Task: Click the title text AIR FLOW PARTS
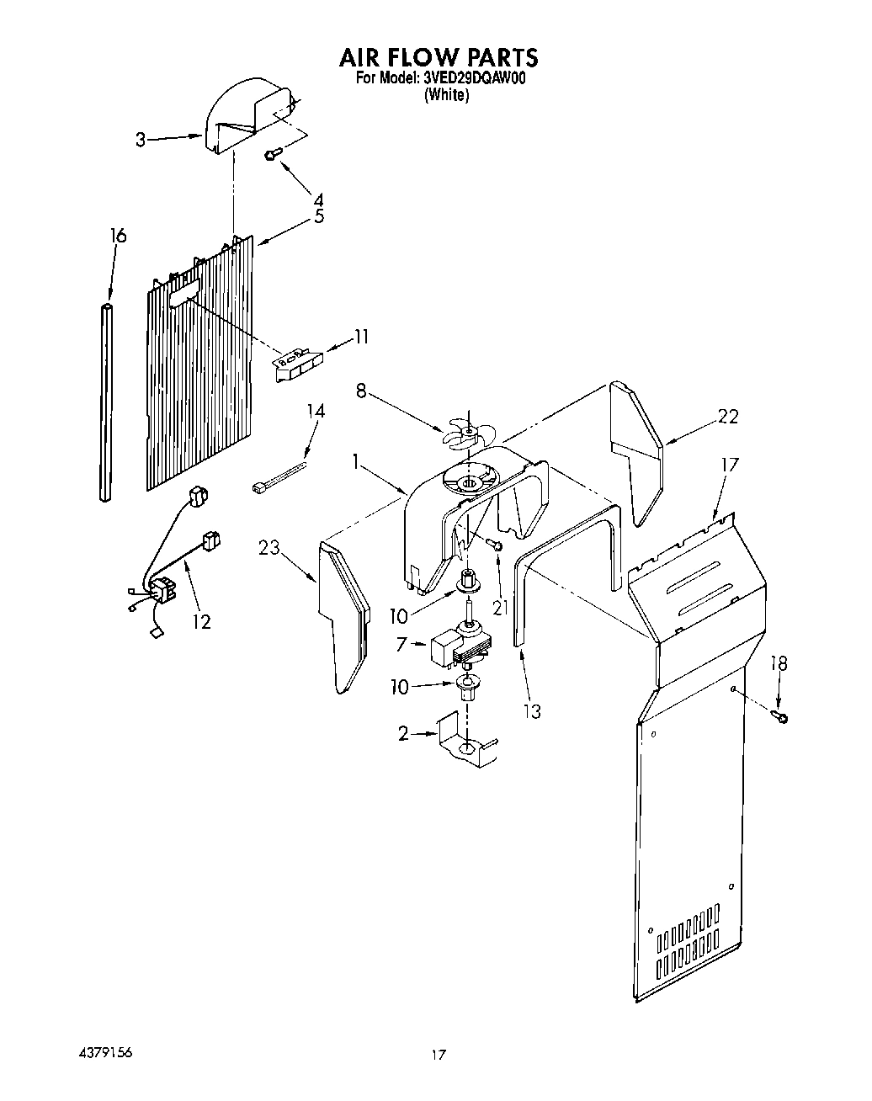coord(438,56)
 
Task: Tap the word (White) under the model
coord(445,95)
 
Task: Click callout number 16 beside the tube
coord(119,237)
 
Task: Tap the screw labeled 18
coord(781,716)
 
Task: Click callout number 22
coord(727,415)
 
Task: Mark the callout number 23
coord(269,548)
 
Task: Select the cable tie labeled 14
coord(278,476)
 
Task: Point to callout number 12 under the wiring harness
coord(200,621)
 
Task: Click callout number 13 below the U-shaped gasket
coord(531,711)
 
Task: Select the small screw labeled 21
coord(497,546)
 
